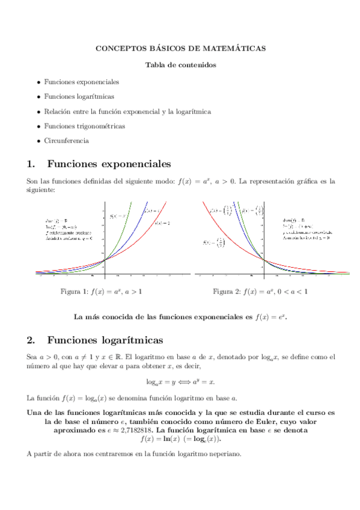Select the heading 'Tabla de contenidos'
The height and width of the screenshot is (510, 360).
180,65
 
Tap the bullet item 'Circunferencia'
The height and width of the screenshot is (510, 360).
66,141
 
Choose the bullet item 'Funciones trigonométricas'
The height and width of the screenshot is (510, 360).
84,126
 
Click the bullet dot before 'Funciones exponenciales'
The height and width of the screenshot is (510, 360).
39,82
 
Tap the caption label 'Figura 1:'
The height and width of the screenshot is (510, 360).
75,292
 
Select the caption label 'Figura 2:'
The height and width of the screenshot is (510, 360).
227,292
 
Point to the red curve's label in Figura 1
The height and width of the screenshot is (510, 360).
162,223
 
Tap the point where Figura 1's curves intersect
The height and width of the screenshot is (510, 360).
105,260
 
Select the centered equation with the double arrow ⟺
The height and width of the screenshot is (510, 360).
180,382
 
